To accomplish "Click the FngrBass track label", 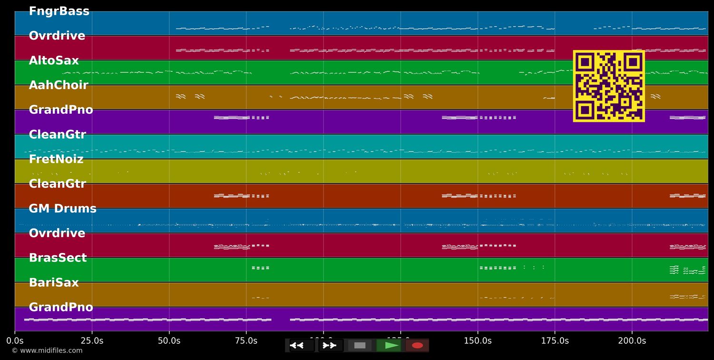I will [x=59, y=11].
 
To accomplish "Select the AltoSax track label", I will [x=54, y=61].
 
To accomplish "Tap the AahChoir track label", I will [x=59, y=85].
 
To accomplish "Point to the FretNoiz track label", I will [x=56, y=160].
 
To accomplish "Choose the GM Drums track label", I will [x=62, y=209].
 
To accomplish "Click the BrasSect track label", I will [x=58, y=258].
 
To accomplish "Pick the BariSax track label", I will [x=54, y=283].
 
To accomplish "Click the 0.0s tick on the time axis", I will [x=15, y=341].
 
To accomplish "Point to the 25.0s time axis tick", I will [x=92, y=341].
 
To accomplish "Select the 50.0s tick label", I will [x=169, y=341].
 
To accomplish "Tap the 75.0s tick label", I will [x=246, y=341].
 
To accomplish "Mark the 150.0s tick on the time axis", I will [x=477, y=341].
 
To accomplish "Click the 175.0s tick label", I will [x=555, y=341].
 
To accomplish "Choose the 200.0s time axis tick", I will [x=632, y=341].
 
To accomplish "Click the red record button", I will [x=417, y=345].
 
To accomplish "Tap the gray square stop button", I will [x=360, y=345].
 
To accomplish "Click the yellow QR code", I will [x=609, y=86].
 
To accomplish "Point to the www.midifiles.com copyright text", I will [x=47, y=351].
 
